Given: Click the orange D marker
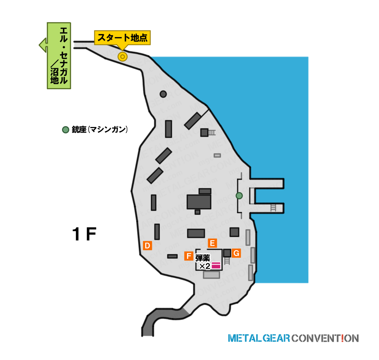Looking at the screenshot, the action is (x=147, y=246).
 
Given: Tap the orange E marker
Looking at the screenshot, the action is (x=212, y=243).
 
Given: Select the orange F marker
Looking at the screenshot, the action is (x=188, y=256).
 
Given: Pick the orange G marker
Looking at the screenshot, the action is (x=236, y=253).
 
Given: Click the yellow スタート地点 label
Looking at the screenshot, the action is (x=122, y=38).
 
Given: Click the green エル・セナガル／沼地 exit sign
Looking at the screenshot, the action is (x=58, y=56).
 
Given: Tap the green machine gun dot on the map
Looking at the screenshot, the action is (x=239, y=196).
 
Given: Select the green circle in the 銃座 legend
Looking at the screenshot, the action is (x=66, y=130).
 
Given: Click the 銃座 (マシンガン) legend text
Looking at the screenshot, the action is (x=100, y=130).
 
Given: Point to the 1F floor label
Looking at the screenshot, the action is (x=84, y=234).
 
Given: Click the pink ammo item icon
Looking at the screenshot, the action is (x=216, y=265).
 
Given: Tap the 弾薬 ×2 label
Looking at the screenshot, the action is (x=203, y=262).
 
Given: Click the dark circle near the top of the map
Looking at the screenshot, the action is (x=163, y=94).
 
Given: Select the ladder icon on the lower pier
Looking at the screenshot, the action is (x=273, y=208).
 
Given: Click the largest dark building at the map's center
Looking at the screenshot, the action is (x=199, y=202).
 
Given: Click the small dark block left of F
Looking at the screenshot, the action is (x=172, y=256).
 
